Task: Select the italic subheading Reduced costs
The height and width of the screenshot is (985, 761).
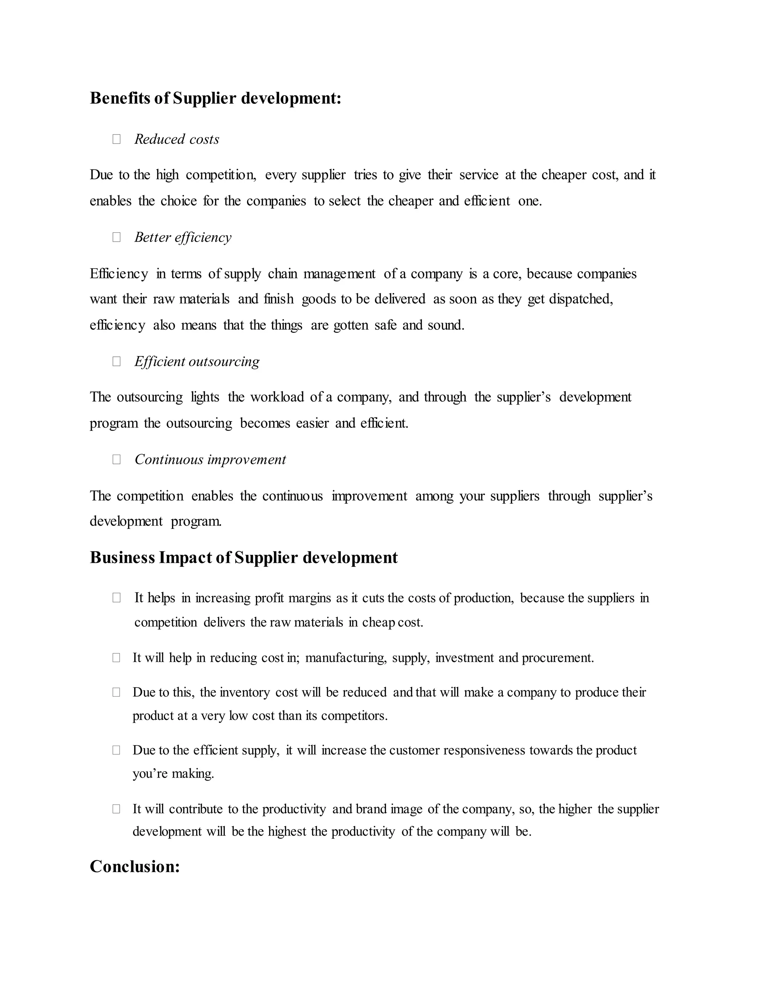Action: click(177, 139)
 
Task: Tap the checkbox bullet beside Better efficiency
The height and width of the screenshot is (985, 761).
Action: click(116, 237)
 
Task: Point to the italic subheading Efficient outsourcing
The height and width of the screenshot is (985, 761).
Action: click(197, 361)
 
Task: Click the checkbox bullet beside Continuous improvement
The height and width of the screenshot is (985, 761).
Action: click(116, 459)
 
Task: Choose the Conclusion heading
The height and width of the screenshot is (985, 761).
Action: click(135, 866)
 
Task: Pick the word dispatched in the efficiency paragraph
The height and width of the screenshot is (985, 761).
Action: click(581, 299)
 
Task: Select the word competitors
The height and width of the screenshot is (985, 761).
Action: click(354, 716)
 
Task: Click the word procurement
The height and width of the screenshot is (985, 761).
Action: click(557, 658)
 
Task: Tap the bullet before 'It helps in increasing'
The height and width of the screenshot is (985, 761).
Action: click(116, 598)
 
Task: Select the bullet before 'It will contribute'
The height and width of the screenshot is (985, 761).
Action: click(116, 809)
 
